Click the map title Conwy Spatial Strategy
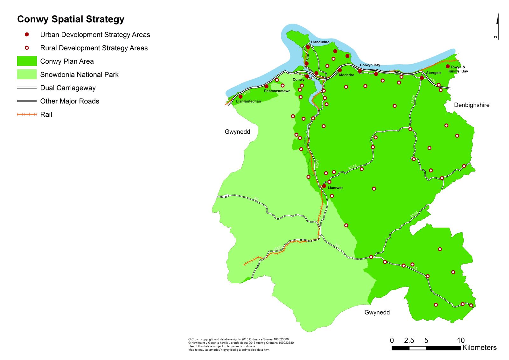click(x=71, y=19)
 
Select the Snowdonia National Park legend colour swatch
click(x=27, y=74)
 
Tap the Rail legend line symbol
click(x=27, y=114)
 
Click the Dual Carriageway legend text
click(x=68, y=88)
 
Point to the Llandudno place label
click(x=320, y=42)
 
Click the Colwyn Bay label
click(x=370, y=65)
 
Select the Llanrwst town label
click(x=335, y=188)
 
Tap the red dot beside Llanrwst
click(x=324, y=186)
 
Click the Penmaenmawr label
click(x=277, y=91)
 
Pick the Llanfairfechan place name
click(x=248, y=101)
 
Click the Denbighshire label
click(x=471, y=105)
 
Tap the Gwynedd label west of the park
click(x=237, y=132)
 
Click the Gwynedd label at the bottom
click(x=377, y=312)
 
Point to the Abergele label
click(x=434, y=73)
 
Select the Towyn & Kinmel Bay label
click(x=458, y=69)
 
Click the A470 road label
click(x=317, y=164)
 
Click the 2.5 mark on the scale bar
click(x=409, y=341)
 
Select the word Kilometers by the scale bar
click(x=479, y=348)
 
